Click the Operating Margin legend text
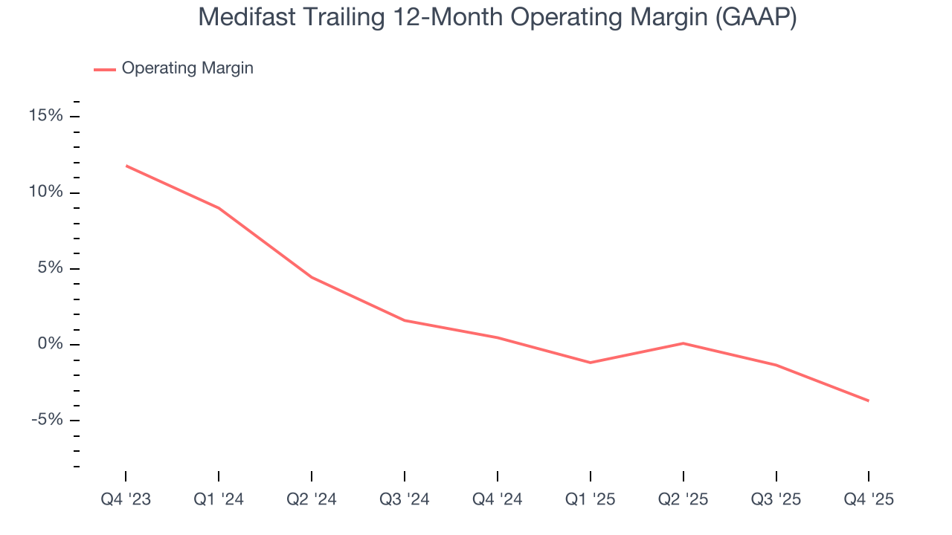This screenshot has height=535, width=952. click(x=187, y=68)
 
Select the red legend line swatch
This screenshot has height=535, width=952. click(x=105, y=69)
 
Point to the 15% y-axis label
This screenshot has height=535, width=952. click(x=45, y=116)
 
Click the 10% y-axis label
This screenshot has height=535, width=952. click(x=45, y=192)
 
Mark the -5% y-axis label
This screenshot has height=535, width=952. click(x=47, y=420)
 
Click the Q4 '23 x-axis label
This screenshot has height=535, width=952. click(x=126, y=499)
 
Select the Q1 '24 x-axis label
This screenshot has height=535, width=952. click(x=219, y=499)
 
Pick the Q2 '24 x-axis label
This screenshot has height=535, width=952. click(x=312, y=499)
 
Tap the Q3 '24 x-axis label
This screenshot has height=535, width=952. click(x=405, y=499)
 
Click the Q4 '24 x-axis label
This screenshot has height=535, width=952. click(x=497, y=499)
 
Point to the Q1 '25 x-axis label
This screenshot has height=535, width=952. click(x=590, y=499)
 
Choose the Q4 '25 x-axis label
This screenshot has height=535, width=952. click(x=868, y=499)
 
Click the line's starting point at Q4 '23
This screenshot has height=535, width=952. click(x=126, y=166)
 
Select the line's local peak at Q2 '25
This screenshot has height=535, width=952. click(x=683, y=343)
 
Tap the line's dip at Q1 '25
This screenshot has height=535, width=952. click(x=590, y=363)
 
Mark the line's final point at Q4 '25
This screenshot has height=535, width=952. click(x=868, y=401)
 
